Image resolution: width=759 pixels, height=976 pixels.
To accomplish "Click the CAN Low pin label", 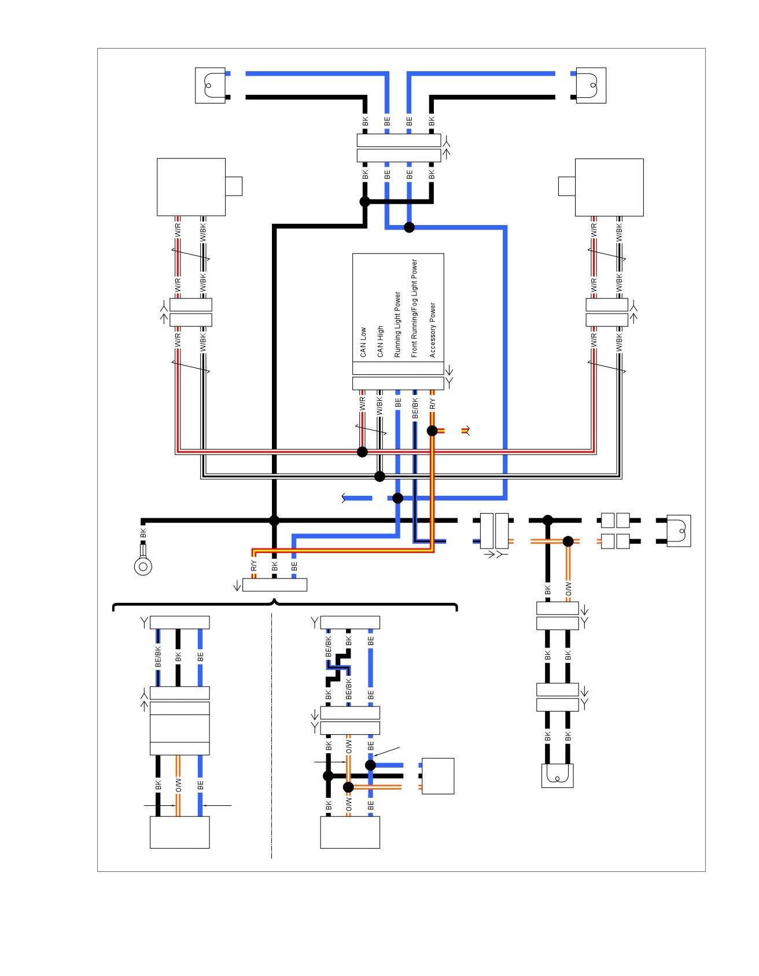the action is (363, 342).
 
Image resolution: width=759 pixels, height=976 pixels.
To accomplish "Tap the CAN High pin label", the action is (380, 341).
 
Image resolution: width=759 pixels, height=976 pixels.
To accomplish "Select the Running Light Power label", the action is (397, 324).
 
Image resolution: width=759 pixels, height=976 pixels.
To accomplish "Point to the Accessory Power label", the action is (432, 330).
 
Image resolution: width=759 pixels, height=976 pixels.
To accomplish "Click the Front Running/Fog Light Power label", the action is (414, 308).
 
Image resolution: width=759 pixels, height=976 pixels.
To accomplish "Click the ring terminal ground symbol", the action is (143, 565).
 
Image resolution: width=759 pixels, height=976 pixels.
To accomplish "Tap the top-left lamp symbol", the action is (210, 86).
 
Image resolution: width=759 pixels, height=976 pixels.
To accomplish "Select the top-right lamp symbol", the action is (591, 86).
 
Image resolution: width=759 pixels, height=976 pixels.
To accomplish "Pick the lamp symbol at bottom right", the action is (558, 776).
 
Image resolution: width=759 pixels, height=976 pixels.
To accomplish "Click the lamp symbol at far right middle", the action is (679, 531).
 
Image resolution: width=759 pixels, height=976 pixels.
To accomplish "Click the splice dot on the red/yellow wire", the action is (432, 430).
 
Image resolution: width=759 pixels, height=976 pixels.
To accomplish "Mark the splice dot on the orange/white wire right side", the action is (568, 542).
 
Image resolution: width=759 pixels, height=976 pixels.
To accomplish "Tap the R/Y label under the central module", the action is (433, 404).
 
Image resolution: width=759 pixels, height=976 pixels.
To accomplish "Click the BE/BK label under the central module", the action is (415, 408).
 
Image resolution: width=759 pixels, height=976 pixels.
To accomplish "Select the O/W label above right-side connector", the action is (568, 589).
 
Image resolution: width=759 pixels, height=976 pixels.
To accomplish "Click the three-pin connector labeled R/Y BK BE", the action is (275, 585).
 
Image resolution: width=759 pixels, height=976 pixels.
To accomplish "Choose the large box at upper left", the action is (191, 187).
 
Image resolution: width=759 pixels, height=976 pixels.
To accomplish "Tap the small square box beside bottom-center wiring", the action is (438, 776).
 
